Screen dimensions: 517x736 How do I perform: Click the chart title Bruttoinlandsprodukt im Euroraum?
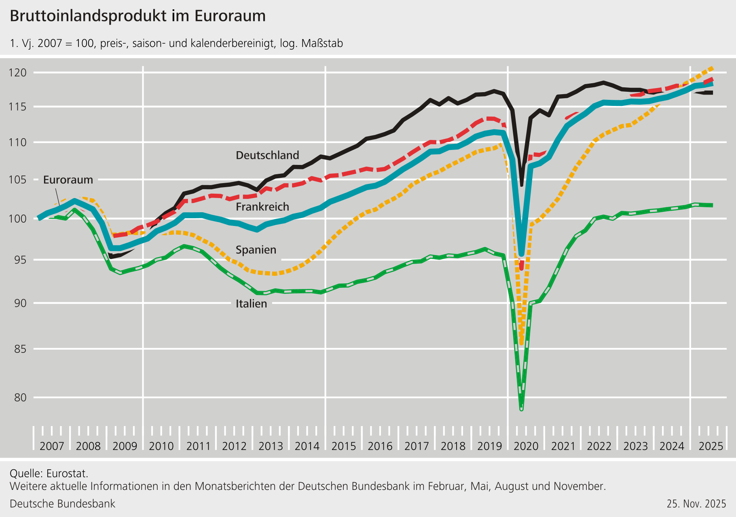coord(137,16)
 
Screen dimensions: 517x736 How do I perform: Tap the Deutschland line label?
coord(267,155)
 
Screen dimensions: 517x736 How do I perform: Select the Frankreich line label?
coord(262,207)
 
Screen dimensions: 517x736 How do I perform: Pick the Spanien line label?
coord(256,250)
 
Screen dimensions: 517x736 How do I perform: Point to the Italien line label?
coord(251,304)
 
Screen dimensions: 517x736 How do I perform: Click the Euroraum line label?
coord(68,180)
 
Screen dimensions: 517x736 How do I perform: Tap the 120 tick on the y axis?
coord(18,73)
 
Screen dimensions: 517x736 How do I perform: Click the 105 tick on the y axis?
coord(18,179)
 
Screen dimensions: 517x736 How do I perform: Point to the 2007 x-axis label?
coord(52,446)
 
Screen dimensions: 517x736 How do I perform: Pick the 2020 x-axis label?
coord(526,446)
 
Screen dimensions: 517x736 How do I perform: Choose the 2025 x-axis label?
coord(711,446)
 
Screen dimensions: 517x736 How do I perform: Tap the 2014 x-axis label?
coord(307,446)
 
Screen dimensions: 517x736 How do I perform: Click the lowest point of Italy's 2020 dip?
coord(521,409)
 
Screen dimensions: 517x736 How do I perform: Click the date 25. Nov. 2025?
coord(696,504)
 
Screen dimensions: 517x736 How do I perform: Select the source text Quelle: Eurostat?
coord(49,473)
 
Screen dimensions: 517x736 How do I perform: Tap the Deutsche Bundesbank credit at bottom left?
coord(62,504)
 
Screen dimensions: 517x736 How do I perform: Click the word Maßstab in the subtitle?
coord(322,43)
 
